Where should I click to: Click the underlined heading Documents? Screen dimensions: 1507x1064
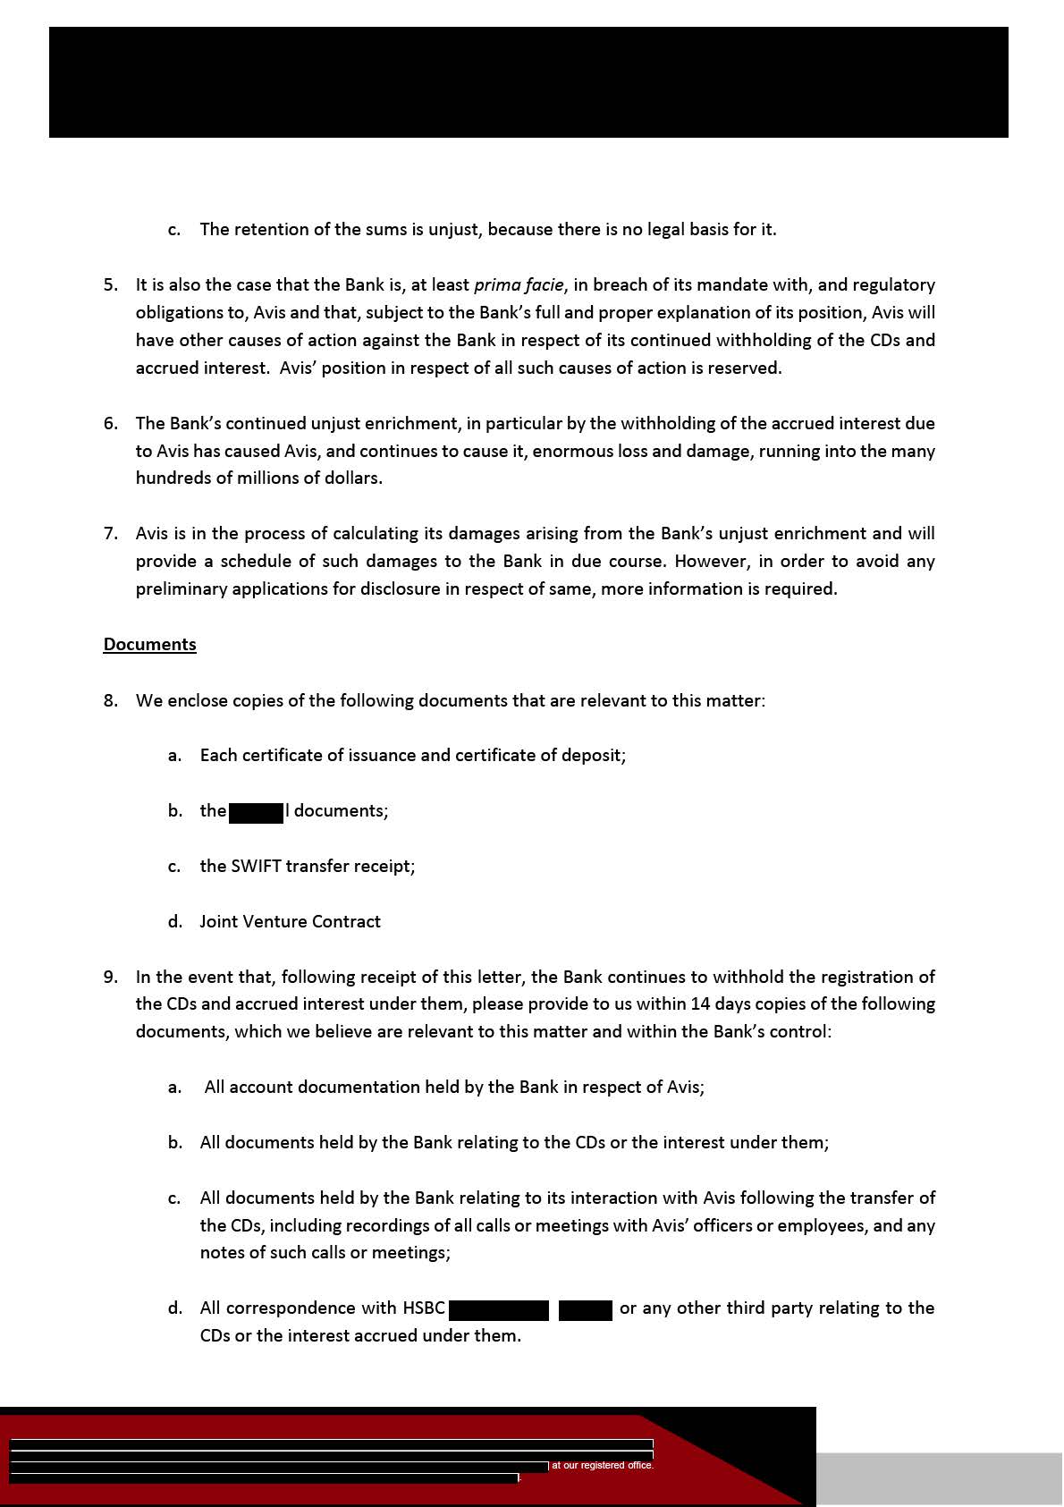pyautogui.click(x=149, y=644)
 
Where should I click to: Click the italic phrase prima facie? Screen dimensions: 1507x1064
pyautogui.click(x=519, y=284)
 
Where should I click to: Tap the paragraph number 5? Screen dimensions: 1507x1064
pyautogui.click(x=110, y=284)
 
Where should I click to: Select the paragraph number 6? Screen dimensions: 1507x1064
pyautogui.click(x=110, y=423)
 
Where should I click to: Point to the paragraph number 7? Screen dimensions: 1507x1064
pyautogui.click(x=110, y=533)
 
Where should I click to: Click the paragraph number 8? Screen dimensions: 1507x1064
pyautogui.click(x=110, y=700)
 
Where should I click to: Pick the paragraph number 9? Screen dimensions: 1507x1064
pyautogui.click(x=110, y=977)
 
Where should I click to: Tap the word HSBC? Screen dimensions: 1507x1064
pyautogui.click(x=424, y=1308)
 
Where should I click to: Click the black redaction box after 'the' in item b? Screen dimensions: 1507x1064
pyautogui.click(x=257, y=811)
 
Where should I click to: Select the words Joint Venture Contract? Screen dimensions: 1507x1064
pyautogui.click(x=290, y=921)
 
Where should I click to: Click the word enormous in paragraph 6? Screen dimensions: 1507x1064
pyautogui.click(x=568, y=451)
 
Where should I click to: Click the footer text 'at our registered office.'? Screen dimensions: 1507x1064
pyautogui.click(x=603, y=1466)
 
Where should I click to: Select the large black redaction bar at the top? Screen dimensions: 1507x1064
pyautogui.click(x=528, y=82)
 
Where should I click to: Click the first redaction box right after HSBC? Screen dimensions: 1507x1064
pyautogui.click(x=499, y=1309)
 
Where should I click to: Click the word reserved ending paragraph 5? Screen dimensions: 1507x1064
pyautogui.click(x=743, y=368)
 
